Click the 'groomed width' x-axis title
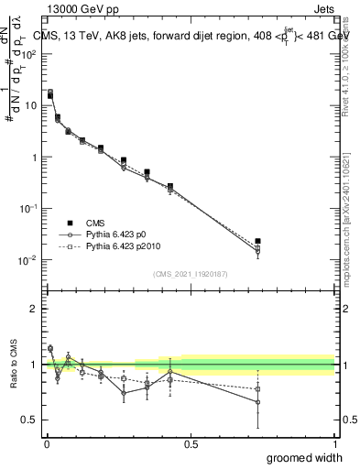click(306, 457)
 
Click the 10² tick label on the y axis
click(27, 54)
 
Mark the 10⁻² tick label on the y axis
click(27, 260)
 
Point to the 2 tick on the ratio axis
click(34, 309)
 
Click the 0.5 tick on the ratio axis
click(30, 420)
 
